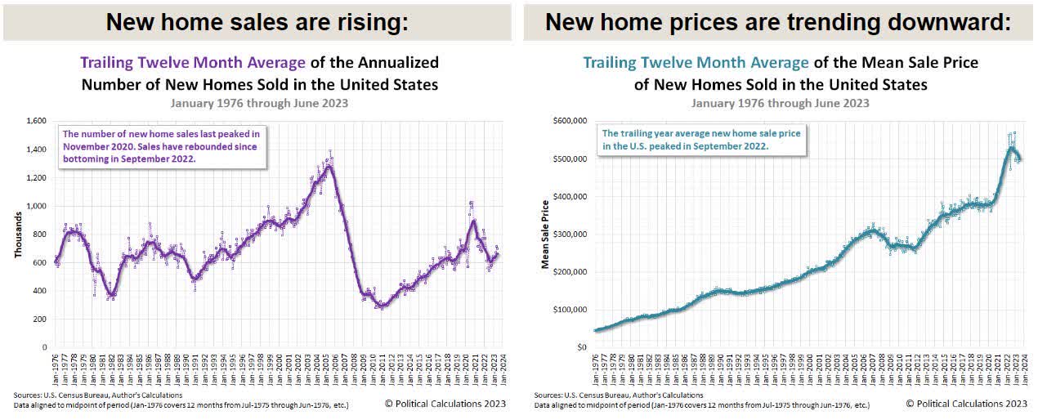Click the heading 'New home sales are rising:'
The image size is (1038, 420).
[257, 22]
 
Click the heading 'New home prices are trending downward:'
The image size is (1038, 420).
[777, 22]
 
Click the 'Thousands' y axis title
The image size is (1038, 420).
[17, 235]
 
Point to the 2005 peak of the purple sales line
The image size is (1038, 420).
[329, 167]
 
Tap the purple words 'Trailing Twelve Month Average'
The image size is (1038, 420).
[192, 63]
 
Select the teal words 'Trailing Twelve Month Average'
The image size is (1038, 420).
[696, 63]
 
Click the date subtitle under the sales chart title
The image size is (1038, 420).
[260, 103]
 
